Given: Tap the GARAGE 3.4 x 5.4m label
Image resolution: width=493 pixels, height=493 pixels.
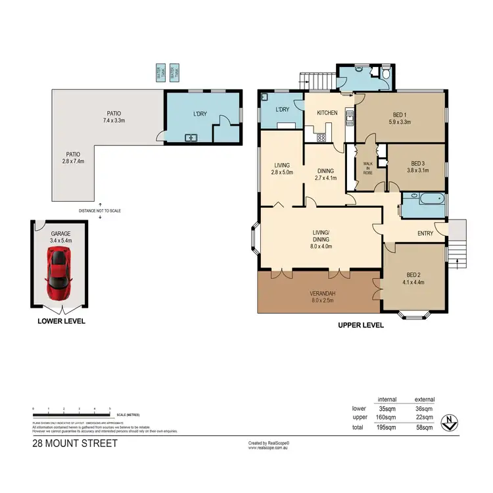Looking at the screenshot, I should (59, 237).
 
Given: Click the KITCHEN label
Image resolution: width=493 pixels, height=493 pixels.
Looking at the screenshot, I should (327, 112).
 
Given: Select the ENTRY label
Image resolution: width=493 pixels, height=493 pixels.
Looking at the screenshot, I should (425, 233).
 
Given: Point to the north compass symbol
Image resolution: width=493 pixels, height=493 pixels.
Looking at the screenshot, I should (450, 422).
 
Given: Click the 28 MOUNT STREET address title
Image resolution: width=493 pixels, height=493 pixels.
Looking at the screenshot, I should (75, 444).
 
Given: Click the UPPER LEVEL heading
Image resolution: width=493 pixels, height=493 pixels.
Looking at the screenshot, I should (360, 325).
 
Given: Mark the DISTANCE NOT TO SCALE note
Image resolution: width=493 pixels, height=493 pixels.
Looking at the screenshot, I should (100, 210).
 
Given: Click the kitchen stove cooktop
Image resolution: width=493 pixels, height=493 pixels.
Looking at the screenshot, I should (321, 137).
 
